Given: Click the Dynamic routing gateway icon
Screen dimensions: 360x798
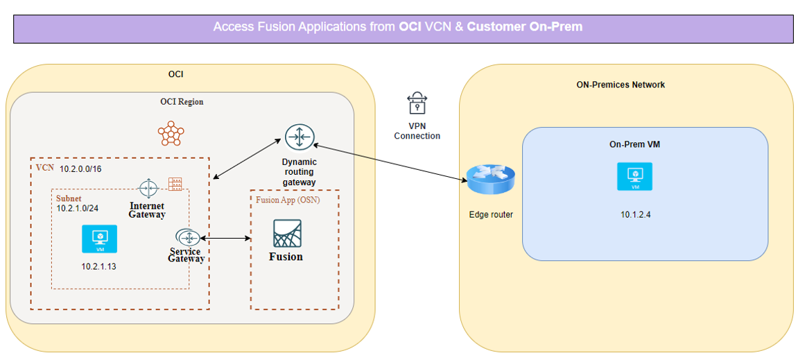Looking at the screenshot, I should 300,137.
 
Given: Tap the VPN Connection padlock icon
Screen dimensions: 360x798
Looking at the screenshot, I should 416,104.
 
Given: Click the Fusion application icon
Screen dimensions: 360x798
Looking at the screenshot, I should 287,233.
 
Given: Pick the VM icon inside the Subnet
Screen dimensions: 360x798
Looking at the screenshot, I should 99,239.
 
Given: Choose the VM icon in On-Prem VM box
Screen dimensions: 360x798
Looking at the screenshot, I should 634,176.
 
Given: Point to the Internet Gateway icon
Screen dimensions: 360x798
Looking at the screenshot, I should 148,187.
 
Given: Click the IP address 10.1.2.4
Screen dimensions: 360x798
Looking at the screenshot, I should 635,214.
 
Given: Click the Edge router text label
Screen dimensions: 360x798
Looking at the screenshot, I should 490,214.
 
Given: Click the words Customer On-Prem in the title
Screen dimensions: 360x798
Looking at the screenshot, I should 524,26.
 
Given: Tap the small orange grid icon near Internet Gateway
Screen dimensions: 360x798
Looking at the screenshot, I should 175,184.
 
